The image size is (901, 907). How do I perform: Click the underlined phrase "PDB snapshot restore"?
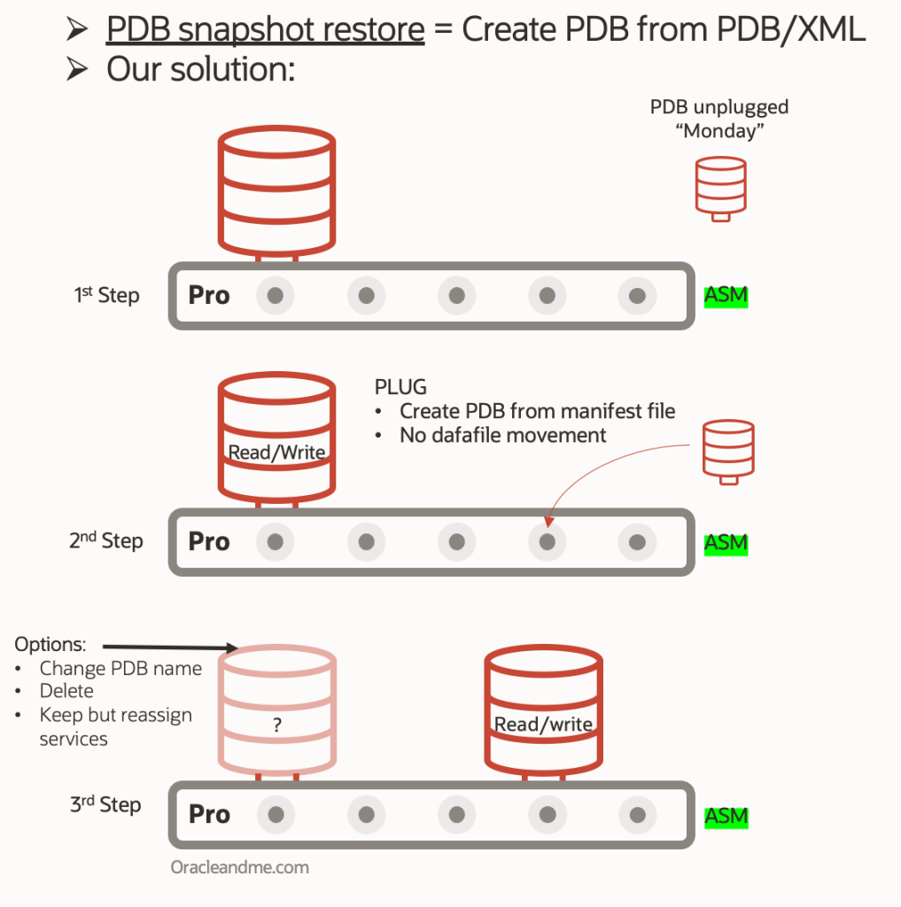coord(265,29)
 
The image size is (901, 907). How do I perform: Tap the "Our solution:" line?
coord(200,69)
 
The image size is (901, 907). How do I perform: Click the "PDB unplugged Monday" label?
coord(719,119)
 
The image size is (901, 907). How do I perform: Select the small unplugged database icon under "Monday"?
coord(720,189)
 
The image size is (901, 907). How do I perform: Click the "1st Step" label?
coord(106,295)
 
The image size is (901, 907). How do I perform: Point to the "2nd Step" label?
coord(106,541)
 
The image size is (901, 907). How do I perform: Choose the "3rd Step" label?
coord(106,805)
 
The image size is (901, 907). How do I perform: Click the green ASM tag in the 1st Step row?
coord(726,296)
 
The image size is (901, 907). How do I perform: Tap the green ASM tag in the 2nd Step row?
coord(726,543)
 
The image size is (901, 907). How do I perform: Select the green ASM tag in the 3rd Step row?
coord(726,817)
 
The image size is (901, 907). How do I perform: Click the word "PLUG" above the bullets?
coord(401,387)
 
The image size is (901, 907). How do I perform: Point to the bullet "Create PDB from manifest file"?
coord(537,411)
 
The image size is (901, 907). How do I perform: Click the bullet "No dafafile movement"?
coord(502,435)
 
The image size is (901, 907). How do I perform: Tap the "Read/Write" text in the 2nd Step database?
coord(276,453)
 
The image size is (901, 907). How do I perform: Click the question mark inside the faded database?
coord(276,725)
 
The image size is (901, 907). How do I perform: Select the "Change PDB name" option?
coord(120,668)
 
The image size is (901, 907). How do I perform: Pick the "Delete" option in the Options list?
coord(66,691)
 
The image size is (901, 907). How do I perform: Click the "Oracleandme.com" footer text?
coord(240,867)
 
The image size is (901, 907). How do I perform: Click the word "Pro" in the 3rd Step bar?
coord(209,815)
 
